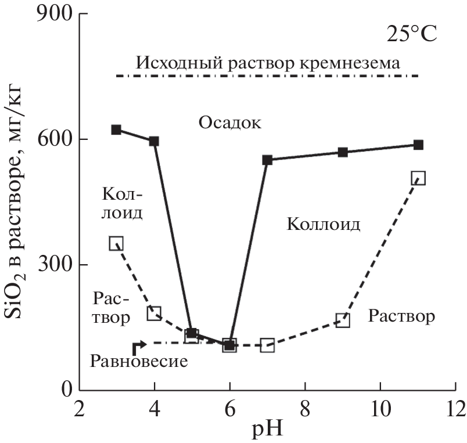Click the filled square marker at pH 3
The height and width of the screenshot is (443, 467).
[x=116, y=129]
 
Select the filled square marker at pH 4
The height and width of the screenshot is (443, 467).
[x=154, y=141]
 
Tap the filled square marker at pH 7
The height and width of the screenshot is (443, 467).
[x=267, y=160]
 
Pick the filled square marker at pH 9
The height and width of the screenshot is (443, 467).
[x=343, y=152]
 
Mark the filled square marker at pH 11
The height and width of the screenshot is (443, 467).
[x=418, y=145]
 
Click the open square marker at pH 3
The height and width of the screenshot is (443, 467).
[x=116, y=243]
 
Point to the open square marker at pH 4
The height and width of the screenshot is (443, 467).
[x=154, y=314]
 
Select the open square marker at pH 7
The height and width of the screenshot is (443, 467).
[x=267, y=345]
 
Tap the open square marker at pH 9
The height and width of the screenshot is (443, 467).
[x=343, y=320]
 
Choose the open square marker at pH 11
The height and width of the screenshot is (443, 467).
[x=418, y=178]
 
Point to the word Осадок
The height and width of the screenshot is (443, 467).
[x=230, y=123]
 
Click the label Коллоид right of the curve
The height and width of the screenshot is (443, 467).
[x=324, y=224]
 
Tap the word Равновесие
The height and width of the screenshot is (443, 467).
[x=139, y=361]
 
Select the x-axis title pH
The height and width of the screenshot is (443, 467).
[x=267, y=430]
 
